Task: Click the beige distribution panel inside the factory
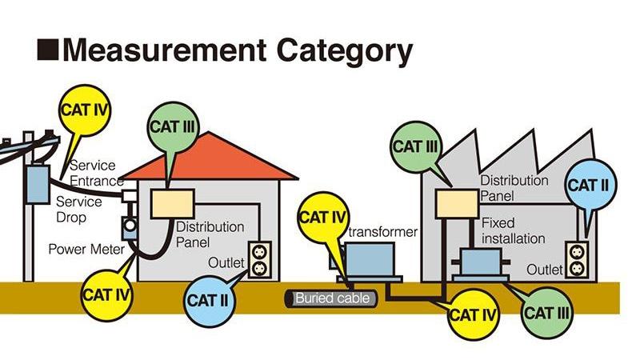(455, 204)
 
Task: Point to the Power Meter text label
(86, 249)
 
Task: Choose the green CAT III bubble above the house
(173, 130)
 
